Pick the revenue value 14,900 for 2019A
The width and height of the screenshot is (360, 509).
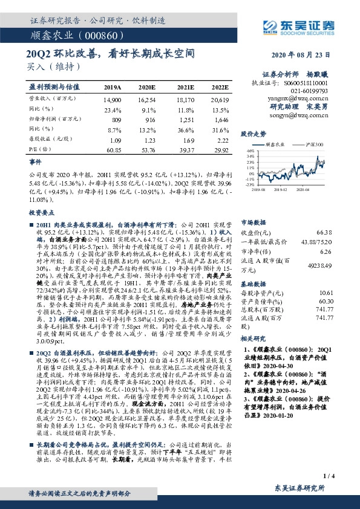point(113,98)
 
